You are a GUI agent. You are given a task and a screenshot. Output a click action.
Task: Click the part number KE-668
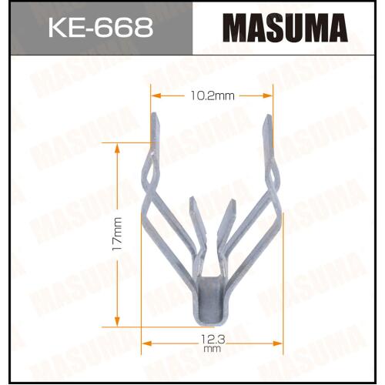101,28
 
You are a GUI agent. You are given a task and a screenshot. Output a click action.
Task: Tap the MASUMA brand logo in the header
285,28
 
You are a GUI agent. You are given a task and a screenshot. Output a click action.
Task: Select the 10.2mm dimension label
213,96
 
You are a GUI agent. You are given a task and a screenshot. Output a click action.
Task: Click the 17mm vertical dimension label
117,233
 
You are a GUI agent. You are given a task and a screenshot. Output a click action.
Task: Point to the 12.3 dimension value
213,340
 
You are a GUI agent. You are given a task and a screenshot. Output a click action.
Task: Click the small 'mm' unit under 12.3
213,349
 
